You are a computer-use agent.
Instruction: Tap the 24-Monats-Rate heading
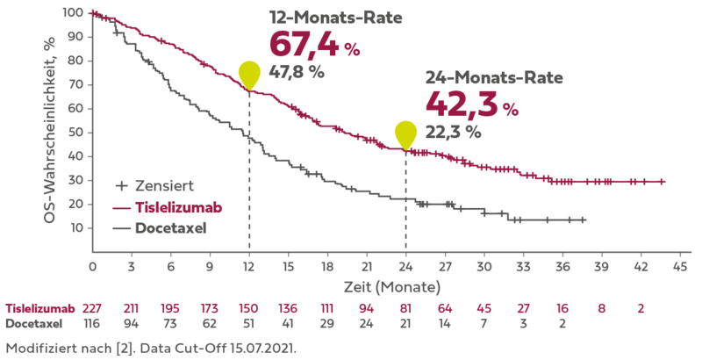coord(493,77)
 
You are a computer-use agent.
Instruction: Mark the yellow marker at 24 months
coord(405,133)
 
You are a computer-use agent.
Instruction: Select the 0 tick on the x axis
coord(92,264)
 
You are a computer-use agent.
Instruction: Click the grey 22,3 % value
coord(453,132)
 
